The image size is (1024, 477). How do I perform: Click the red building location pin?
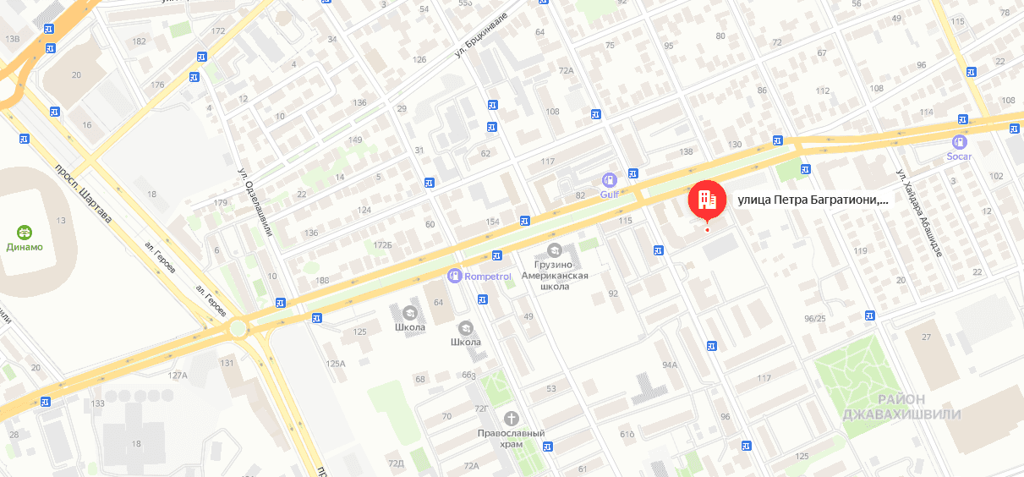(x=707, y=200)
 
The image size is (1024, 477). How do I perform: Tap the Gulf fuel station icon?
(x=608, y=180)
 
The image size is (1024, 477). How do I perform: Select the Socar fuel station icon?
(x=959, y=142)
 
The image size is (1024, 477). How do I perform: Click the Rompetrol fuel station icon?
(x=454, y=276)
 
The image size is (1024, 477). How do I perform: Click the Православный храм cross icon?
(x=510, y=418)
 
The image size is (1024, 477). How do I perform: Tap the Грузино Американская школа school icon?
(x=554, y=249)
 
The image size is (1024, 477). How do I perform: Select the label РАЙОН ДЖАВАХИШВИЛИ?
(x=901, y=407)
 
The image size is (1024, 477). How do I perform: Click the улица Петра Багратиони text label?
(x=813, y=200)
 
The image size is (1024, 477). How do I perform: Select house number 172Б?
(x=383, y=244)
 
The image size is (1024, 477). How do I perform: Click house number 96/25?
(x=815, y=318)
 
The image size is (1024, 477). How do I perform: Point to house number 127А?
(x=178, y=375)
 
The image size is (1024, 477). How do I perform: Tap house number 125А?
(x=336, y=364)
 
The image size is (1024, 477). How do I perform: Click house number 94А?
(x=670, y=365)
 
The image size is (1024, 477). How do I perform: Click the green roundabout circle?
(x=238, y=328)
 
